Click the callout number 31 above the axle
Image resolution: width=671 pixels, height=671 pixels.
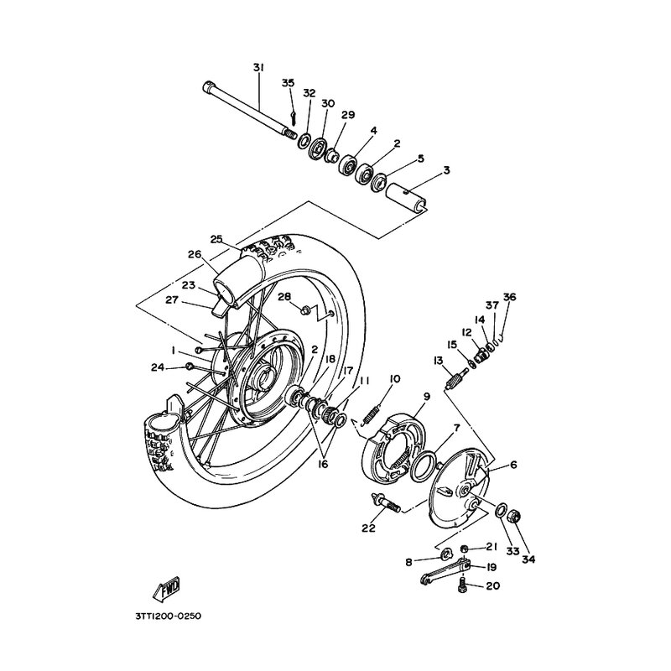[x=257, y=67]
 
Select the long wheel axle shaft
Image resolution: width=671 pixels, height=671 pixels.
[x=247, y=109]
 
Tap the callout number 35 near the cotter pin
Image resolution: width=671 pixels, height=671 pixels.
[x=288, y=82]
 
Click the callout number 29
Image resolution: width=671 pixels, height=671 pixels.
[x=348, y=114]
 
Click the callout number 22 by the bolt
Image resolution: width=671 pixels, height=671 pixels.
[x=368, y=527]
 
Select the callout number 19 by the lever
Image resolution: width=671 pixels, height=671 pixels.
[x=492, y=567]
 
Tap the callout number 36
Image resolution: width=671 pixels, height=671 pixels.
[x=510, y=296]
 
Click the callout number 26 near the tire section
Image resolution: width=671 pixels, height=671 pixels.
[x=194, y=255]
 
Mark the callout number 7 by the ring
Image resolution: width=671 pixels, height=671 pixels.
[x=455, y=427]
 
